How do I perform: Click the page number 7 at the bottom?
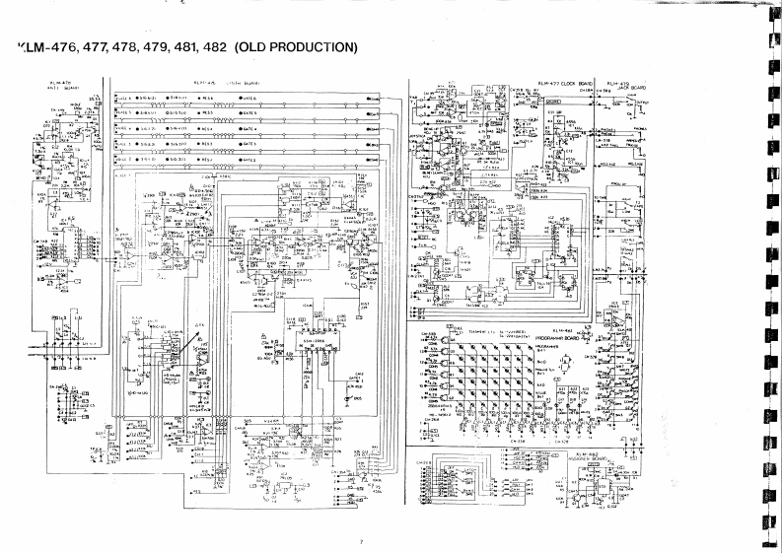tap(362, 539)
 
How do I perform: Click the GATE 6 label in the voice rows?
tap(250, 100)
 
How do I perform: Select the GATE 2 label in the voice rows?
tap(250, 157)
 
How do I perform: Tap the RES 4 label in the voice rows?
tap(208, 128)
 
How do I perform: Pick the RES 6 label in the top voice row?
tap(208, 100)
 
